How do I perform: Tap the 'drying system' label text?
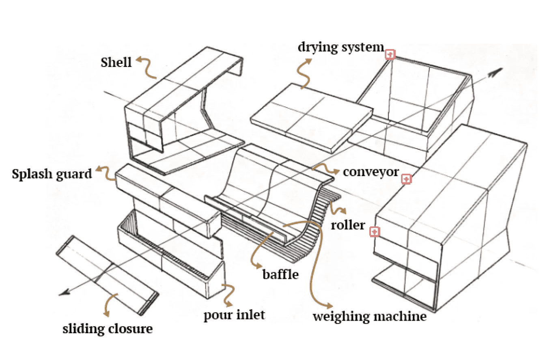(340, 47)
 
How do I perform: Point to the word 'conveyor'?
(371, 172)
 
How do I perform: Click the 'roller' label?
(348, 225)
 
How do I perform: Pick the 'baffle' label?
(280, 274)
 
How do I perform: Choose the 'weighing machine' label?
(369, 316)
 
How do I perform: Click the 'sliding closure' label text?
(108, 328)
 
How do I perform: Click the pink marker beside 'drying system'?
(390, 54)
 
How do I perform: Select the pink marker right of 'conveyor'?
(406, 179)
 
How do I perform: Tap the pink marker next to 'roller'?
(375, 231)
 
